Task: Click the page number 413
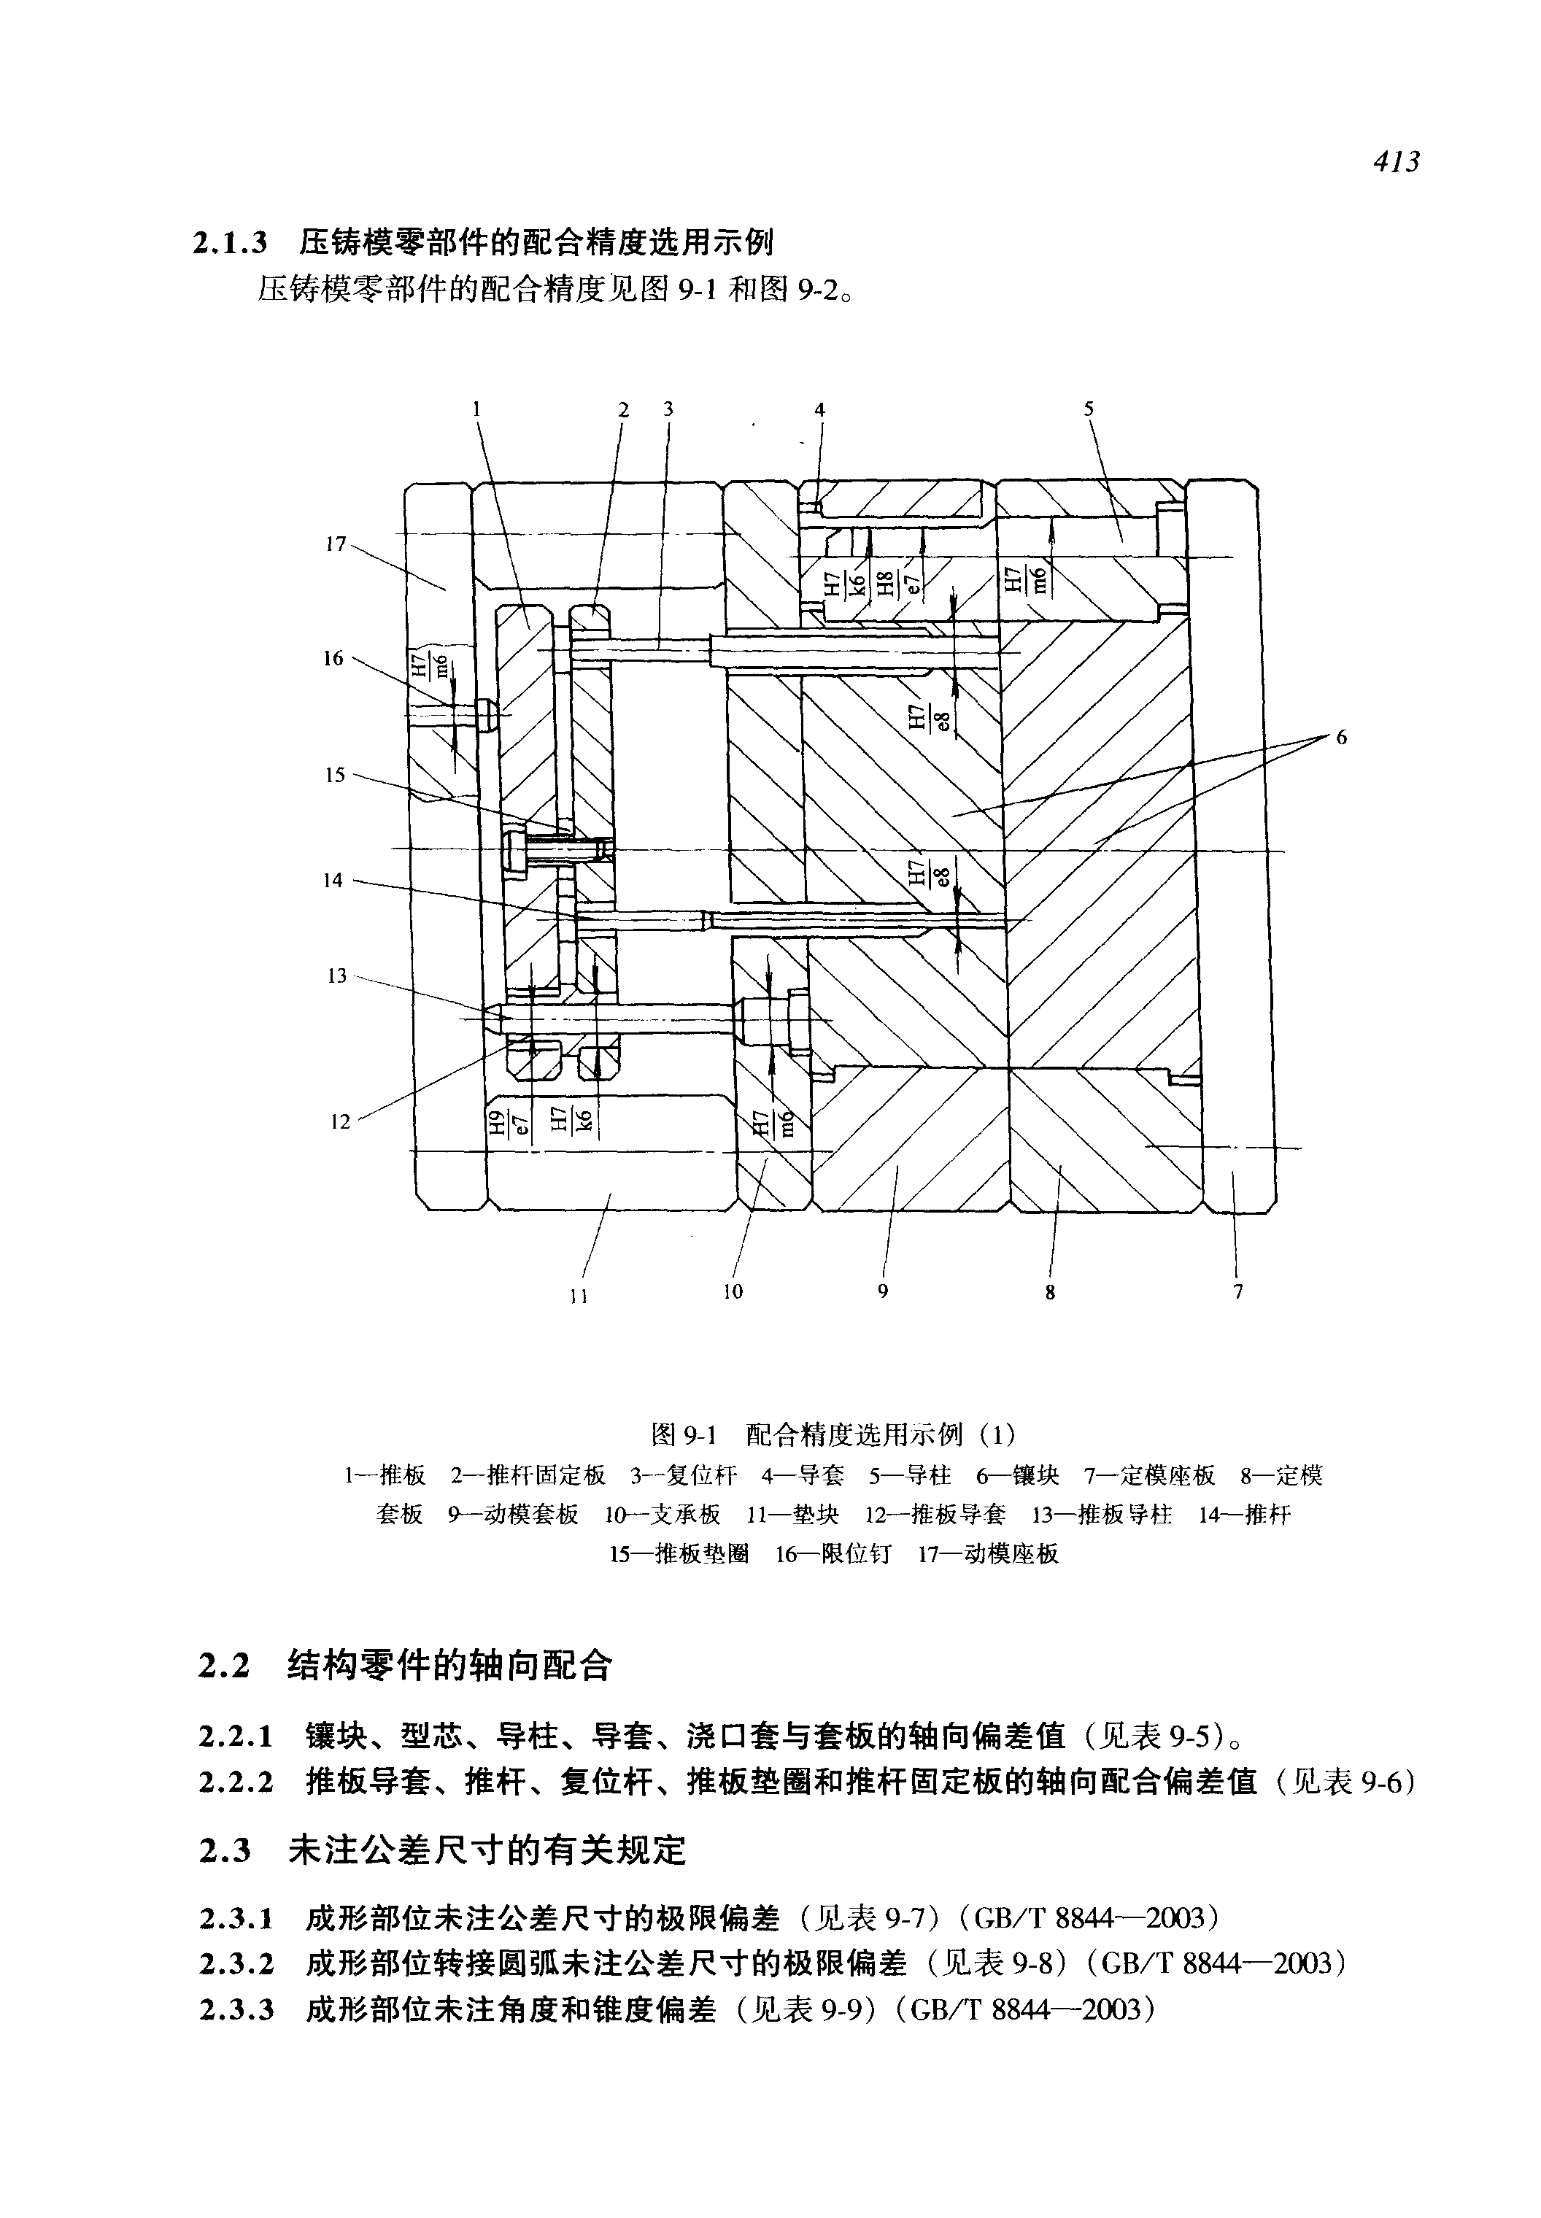click(1397, 162)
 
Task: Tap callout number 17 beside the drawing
click(335, 544)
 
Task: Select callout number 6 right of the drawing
click(1341, 738)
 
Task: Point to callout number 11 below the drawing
click(579, 1297)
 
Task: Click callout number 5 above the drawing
click(1088, 409)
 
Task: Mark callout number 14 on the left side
click(333, 880)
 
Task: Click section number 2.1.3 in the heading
click(230, 241)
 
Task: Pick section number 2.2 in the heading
click(224, 1666)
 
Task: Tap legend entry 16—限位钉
click(834, 1553)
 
